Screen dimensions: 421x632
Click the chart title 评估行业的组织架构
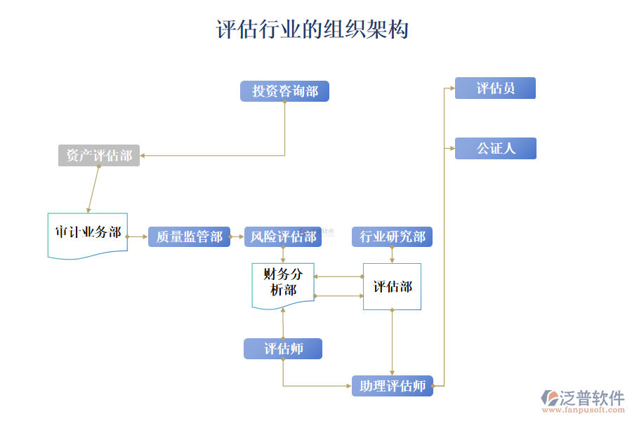(x=312, y=29)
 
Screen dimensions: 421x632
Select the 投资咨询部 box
(x=284, y=91)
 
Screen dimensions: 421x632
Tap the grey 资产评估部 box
(x=99, y=156)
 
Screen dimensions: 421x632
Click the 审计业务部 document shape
(x=88, y=234)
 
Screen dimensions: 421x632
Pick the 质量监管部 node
(x=189, y=236)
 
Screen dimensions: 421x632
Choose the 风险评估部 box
(x=283, y=236)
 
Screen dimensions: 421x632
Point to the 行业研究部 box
(x=392, y=236)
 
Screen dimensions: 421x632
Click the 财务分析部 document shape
(x=283, y=283)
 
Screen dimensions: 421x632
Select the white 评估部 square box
(x=392, y=286)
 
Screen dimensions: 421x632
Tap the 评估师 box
(x=283, y=349)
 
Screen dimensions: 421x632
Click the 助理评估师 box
(x=392, y=386)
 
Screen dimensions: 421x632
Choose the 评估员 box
(x=495, y=88)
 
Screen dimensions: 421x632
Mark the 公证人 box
(x=495, y=148)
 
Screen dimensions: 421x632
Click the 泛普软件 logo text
(x=591, y=398)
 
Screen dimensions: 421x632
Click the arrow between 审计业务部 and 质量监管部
(x=138, y=236)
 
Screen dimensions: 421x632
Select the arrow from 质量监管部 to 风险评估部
(x=237, y=236)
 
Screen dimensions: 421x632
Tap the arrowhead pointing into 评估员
(x=451, y=88)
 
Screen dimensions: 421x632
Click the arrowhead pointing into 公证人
(x=451, y=148)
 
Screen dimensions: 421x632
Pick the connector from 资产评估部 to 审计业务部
(x=93, y=189)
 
